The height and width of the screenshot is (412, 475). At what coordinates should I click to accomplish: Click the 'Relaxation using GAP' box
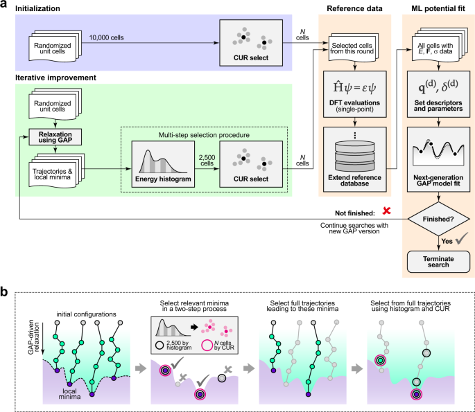(55, 137)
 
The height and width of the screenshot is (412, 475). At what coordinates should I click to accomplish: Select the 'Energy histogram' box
(163, 164)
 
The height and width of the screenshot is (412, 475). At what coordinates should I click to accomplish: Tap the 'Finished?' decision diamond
(438, 219)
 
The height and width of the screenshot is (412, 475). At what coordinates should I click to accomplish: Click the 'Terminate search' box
(438, 262)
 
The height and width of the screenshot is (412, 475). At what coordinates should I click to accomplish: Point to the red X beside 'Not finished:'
(386, 211)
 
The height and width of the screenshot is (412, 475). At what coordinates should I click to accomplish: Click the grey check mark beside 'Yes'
(461, 238)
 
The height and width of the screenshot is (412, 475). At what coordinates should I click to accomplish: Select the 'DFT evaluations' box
(355, 94)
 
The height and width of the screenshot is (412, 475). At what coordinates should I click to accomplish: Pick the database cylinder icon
(355, 156)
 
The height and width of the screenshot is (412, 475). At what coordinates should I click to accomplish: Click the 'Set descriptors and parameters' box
(438, 94)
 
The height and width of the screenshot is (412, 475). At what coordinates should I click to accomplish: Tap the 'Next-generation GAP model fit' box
(438, 159)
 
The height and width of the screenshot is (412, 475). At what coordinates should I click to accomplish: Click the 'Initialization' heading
(37, 8)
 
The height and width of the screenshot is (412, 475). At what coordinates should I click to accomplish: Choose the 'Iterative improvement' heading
(55, 78)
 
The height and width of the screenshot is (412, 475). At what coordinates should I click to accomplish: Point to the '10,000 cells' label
(106, 37)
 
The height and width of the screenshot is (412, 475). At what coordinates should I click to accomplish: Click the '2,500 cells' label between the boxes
(207, 161)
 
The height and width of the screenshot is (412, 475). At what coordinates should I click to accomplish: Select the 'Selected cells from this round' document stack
(353, 47)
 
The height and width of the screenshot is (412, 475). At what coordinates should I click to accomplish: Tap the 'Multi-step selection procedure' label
(204, 135)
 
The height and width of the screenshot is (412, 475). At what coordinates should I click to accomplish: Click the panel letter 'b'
(4, 292)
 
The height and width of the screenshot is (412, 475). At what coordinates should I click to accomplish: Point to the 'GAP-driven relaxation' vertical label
(33, 338)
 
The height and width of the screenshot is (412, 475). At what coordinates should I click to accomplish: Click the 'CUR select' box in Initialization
(251, 43)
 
